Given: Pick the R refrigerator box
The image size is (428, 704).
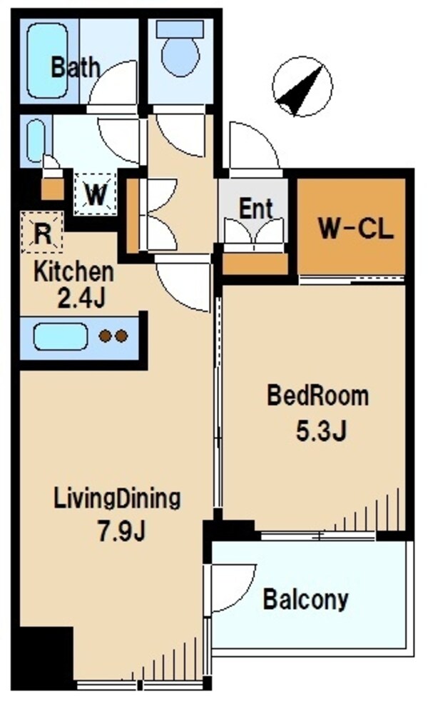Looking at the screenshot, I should click(x=42, y=234).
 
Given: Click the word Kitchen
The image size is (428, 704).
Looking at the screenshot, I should click(x=74, y=272).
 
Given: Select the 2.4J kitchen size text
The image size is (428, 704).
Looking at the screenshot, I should click(x=80, y=297).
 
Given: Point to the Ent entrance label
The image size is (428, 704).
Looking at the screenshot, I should click(x=255, y=209).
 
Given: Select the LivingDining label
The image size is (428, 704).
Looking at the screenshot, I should click(x=118, y=498).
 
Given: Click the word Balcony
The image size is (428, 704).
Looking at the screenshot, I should click(x=306, y=600).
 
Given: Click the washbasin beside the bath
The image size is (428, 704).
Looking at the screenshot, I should click(x=36, y=141).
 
